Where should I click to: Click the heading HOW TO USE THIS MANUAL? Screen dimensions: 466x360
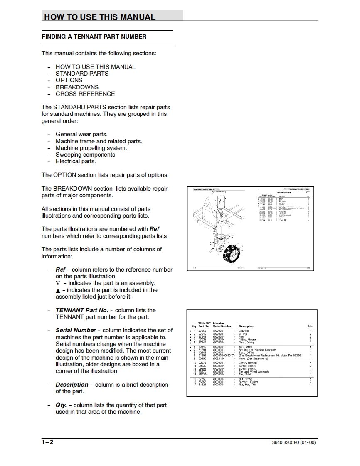tap(100, 17)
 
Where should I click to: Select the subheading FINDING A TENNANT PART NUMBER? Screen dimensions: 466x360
tap(94, 37)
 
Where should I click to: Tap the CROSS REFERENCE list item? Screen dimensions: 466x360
tap(85, 94)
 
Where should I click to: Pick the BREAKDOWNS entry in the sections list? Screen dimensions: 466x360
tap(77, 87)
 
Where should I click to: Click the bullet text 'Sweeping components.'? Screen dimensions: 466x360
tap(86, 155)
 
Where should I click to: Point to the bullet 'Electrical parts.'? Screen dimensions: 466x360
tap(76, 161)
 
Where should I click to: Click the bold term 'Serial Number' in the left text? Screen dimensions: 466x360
tap(76, 331)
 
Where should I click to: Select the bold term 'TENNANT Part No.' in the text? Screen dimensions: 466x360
tap(81, 310)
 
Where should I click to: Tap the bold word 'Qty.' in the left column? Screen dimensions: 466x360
tap(61, 405)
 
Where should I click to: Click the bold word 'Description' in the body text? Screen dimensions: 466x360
tap(72, 385)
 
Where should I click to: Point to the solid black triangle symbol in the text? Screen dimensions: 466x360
tap(58, 290)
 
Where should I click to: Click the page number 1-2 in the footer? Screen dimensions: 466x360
tap(47, 442)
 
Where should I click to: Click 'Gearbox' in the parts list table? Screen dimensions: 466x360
tap(244, 331)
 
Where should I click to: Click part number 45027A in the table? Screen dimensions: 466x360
tap(203, 374)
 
